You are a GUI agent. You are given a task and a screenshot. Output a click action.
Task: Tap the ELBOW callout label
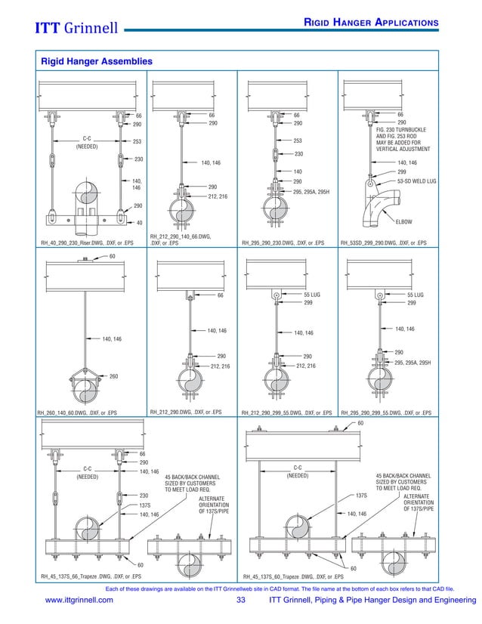(x=404, y=221)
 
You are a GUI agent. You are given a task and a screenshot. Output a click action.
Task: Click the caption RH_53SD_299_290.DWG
(x=383, y=243)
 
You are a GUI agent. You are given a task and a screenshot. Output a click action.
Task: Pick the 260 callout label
(x=113, y=375)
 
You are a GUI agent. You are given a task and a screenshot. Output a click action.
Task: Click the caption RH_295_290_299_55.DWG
(x=386, y=412)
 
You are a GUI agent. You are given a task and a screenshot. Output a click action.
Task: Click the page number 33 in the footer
(x=241, y=601)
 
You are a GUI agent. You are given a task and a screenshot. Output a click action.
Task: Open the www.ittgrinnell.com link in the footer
(x=79, y=601)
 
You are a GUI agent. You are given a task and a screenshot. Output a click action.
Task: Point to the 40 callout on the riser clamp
(x=138, y=223)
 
